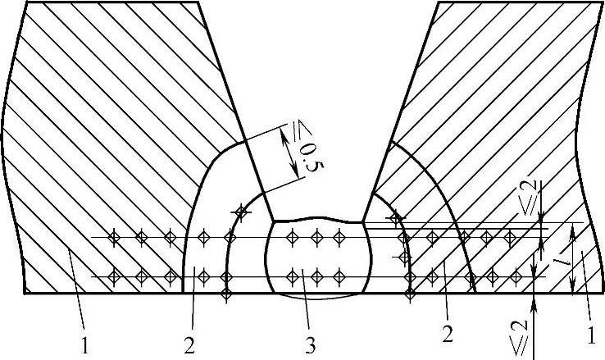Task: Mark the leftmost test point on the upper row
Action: pyautogui.click(x=115, y=238)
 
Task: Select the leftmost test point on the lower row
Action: pyautogui.click(x=115, y=275)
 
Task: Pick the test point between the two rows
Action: pyautogui.click(x=403, y=257)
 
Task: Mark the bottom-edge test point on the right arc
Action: pyautogui.click(x=410, y=292)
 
